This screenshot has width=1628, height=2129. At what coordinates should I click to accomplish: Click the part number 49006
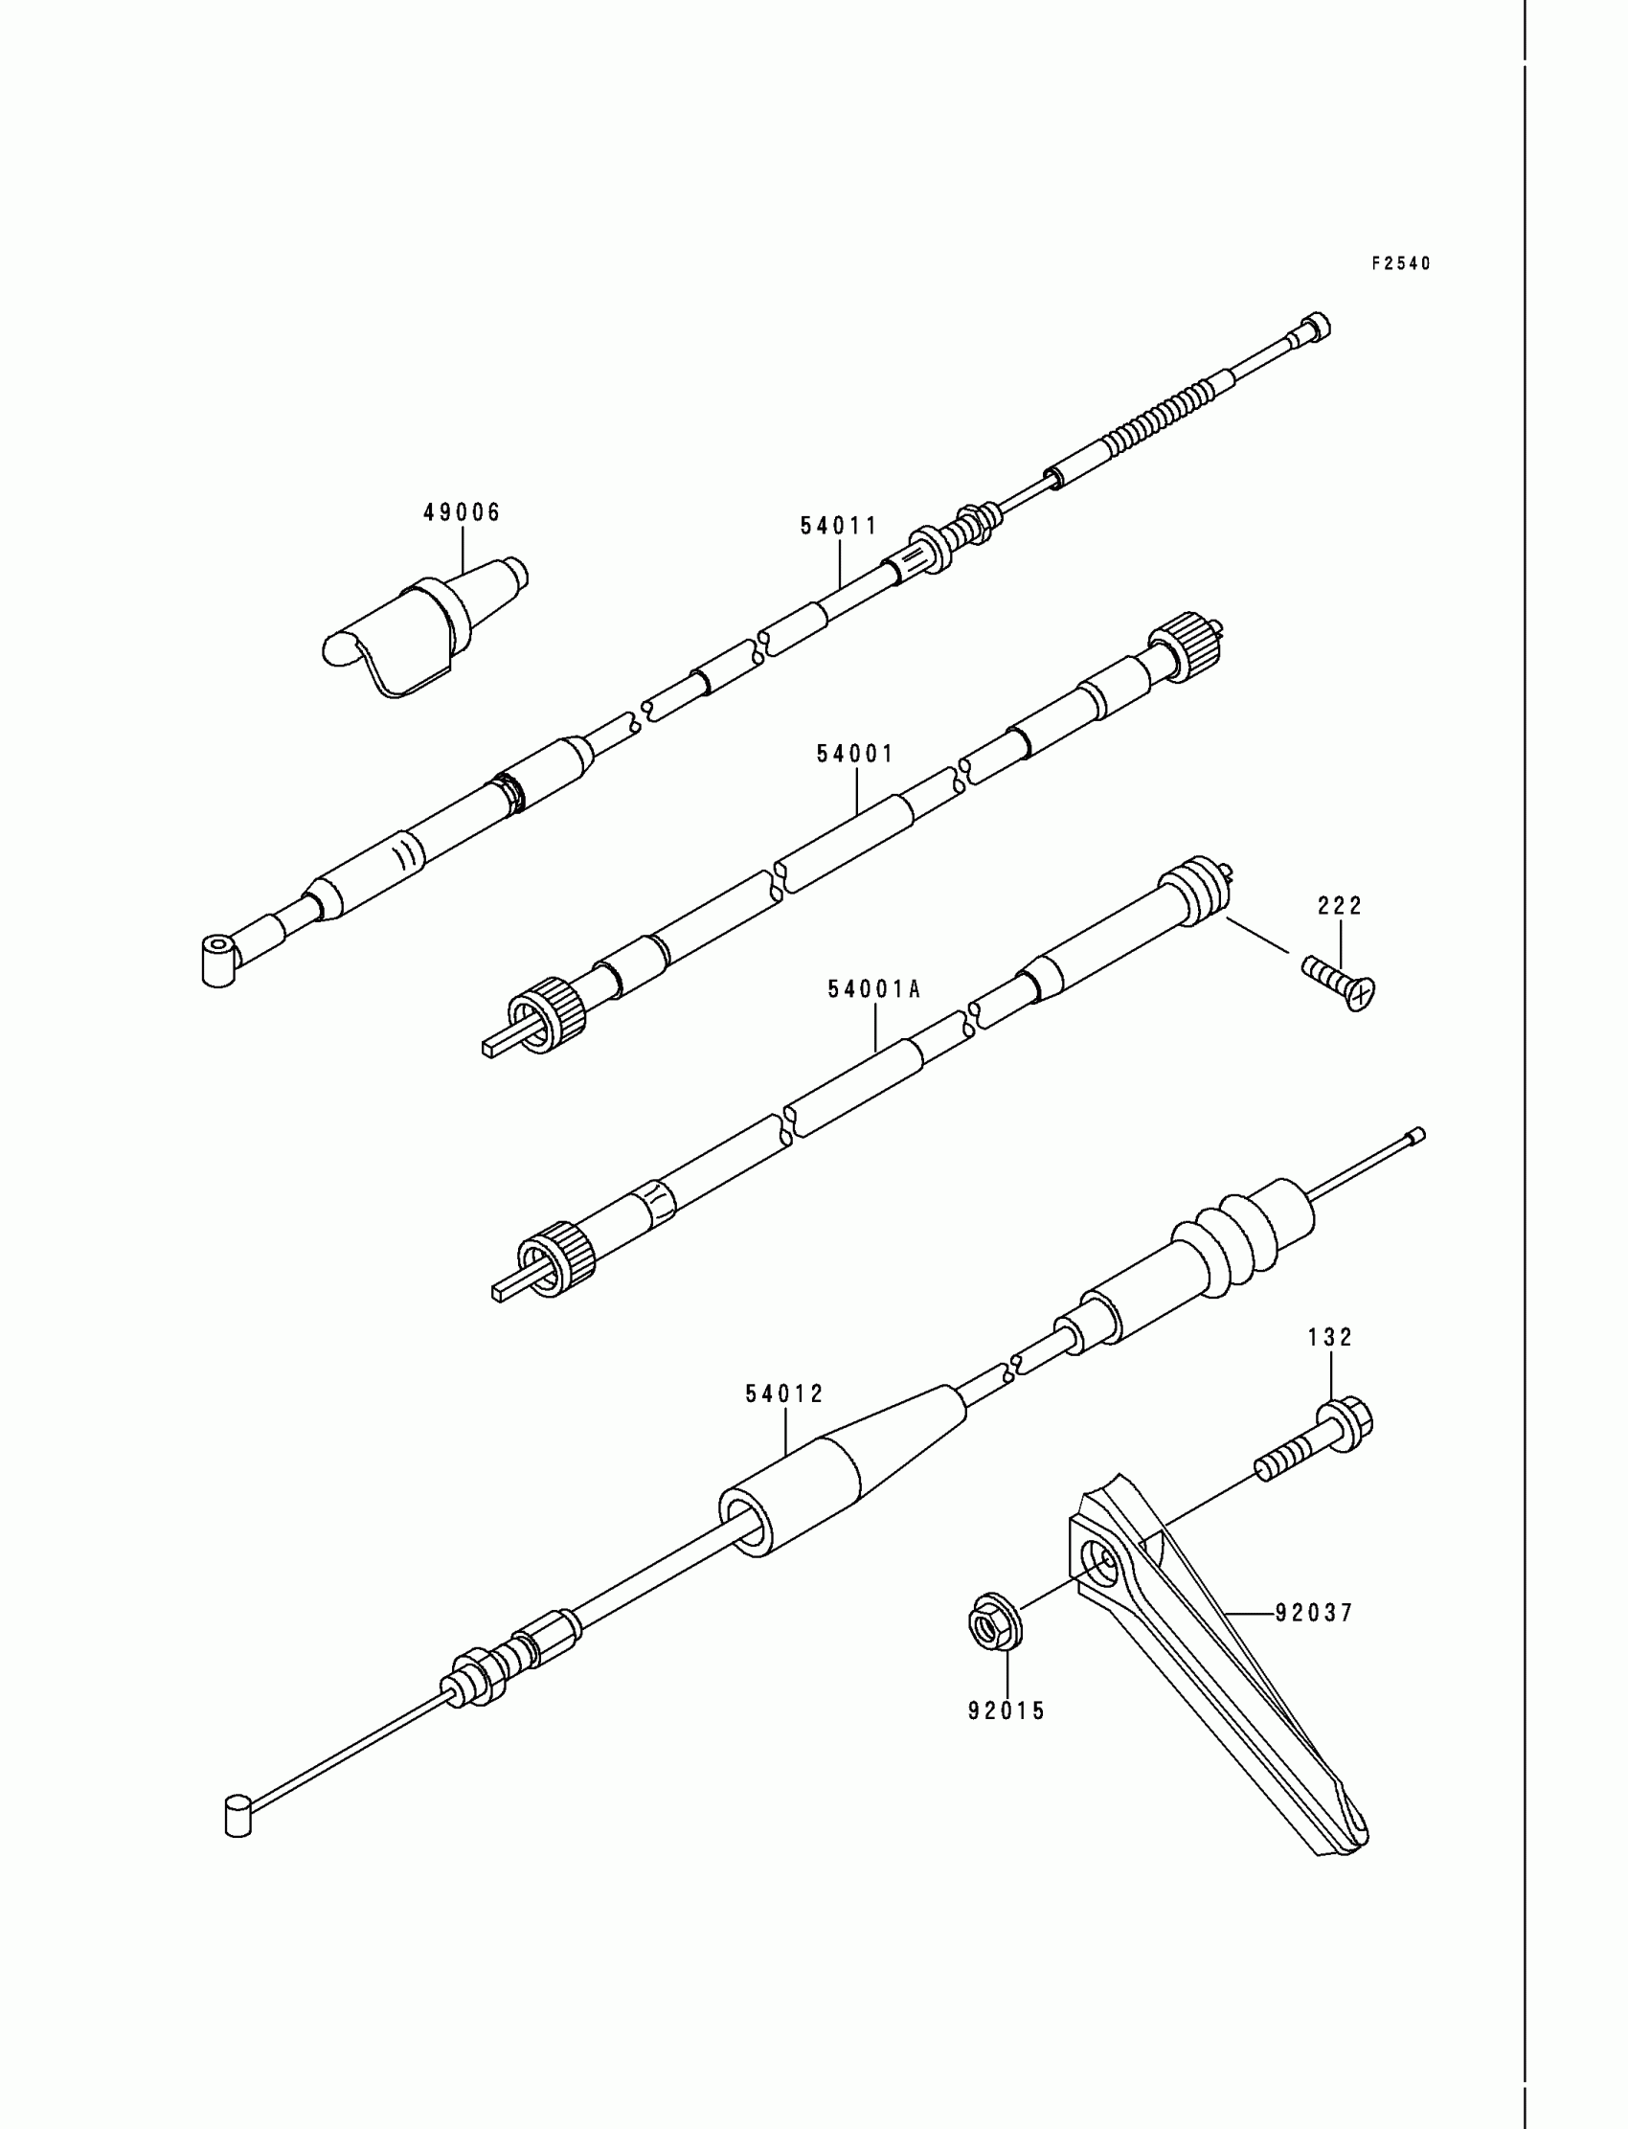click(462, 512)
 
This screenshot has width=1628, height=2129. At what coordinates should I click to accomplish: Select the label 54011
click(838, 526)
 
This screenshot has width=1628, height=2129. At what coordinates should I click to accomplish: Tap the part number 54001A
click(873, 989)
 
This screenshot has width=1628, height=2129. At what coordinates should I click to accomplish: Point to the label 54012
click(784, 1394)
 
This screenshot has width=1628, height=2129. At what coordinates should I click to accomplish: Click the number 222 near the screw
click(1340, 906)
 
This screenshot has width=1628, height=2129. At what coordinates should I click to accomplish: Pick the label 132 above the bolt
click(1329, 1337)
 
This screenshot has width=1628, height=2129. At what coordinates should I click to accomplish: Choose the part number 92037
click(1313, 1613)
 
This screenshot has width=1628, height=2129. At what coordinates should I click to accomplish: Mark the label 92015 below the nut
click(1006, 1711)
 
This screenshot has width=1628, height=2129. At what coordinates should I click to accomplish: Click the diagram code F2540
click(1400, 263)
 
